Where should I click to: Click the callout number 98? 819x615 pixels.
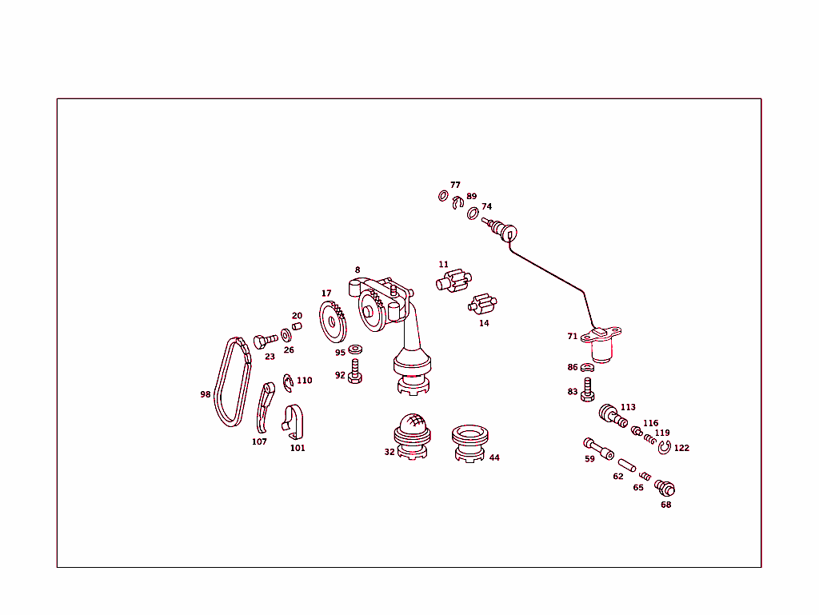pos(206,394)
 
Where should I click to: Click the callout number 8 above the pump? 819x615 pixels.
pos(358,270)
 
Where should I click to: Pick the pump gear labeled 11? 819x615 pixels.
pos(452,282)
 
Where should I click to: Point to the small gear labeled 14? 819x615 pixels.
pos(482,306)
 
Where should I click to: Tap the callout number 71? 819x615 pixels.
pos(572,337)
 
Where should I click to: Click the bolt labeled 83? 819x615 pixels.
pos(589,389)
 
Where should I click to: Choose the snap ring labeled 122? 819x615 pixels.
pos(664,449)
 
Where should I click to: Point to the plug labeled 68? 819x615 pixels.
pos(665,487)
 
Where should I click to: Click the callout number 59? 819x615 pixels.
pos(589,459)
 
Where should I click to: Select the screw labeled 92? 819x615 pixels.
pos(356,372)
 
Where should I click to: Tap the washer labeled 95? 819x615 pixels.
pos(355,349)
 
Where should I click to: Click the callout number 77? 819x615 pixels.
pos(455,185)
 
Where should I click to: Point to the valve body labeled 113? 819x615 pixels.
pos(613,414)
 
